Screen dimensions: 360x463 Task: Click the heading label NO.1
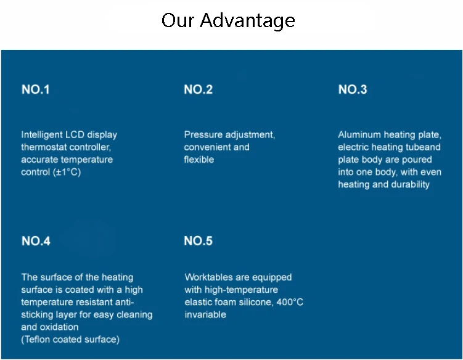coord(36,89)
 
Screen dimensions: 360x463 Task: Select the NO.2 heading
coord(199,89)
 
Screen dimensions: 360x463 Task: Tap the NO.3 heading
coord(353,89)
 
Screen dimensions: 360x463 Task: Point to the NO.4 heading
coord(36,241)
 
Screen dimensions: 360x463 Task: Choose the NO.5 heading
coord(199,241)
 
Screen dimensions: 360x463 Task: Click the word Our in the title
coord(178,20)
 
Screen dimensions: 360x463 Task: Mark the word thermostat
coord(43,147)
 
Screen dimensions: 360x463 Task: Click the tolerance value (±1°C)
coord(68,172)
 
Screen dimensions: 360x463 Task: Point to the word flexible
coord(199,160)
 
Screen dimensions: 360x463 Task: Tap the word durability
coord(408,184)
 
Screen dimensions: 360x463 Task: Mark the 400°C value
coord(289,302)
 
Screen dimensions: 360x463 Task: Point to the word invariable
coord(205,314)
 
